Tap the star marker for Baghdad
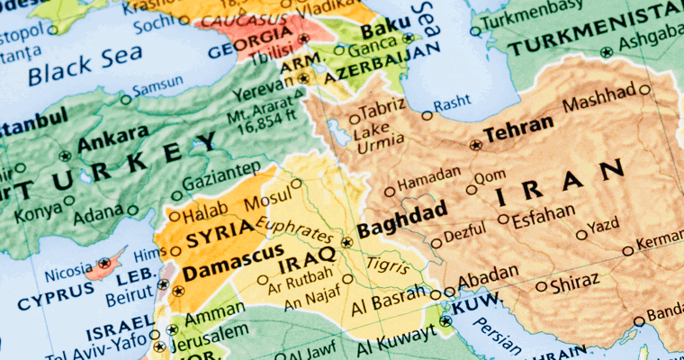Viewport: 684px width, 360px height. click(347, 241)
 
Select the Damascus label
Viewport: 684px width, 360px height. click(231, 270)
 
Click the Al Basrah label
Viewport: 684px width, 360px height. click(389, 303)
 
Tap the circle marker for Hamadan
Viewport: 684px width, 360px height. click(389, 191)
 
